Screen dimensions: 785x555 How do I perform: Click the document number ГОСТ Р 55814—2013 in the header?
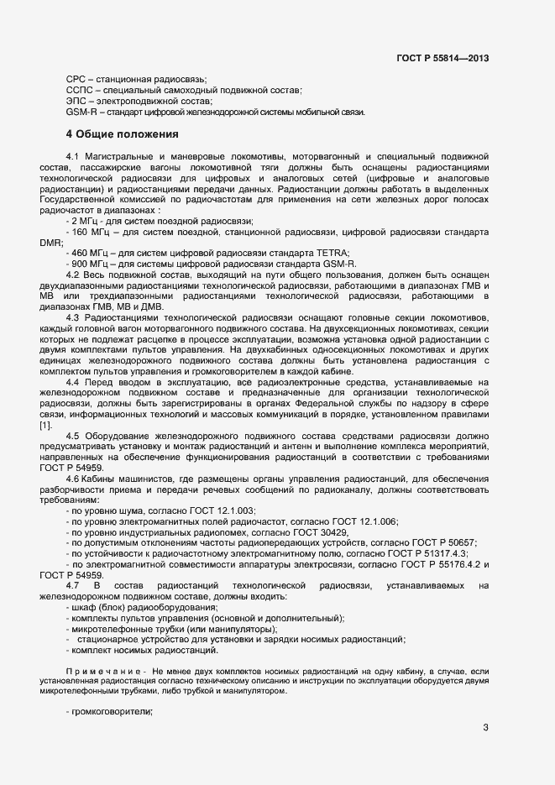click(x=442, y=59)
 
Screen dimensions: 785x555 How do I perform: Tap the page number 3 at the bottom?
click(x=485, y=728)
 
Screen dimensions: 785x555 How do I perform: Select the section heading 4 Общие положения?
click(x=122, y=133)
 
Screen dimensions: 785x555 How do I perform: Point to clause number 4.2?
click(x=72, y=275)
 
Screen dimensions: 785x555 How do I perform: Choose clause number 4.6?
click(x=72, y=479)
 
